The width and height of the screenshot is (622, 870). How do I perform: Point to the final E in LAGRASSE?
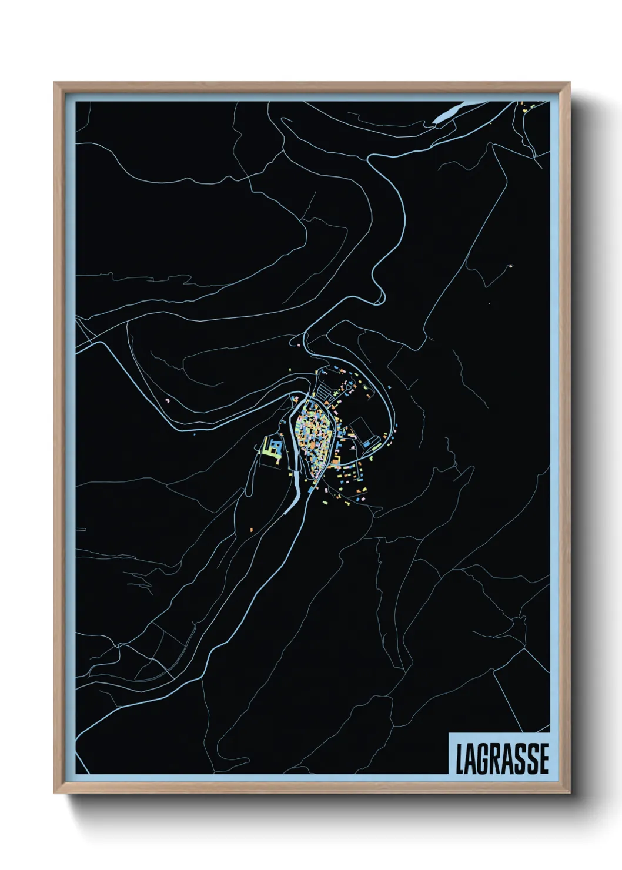pos(544,758)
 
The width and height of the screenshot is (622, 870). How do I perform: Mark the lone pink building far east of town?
pos(510,266)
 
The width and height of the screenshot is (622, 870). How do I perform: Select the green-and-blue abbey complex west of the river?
pos(272,447)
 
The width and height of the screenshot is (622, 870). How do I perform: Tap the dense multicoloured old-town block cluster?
pos(314,434)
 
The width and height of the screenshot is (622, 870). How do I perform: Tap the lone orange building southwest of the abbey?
pos(251,530)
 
